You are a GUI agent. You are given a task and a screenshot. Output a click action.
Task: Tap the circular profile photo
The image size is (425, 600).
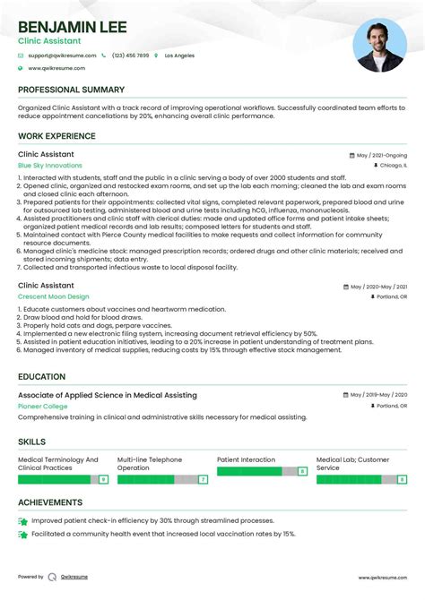tap(379, 47)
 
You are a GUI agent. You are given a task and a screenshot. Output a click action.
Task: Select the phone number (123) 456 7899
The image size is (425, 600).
tap(130, 56)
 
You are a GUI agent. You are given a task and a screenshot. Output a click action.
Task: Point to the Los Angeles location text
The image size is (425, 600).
tap(179, 56)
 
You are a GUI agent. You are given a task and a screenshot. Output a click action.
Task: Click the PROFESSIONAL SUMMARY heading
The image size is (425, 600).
tap(71, 90)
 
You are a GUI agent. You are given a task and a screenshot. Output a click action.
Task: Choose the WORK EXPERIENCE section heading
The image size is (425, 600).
tap(56, 136)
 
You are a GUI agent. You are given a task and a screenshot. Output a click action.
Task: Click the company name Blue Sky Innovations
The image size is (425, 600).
tap(49, 166)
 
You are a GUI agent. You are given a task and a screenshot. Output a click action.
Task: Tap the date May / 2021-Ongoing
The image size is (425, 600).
tap(381, 155)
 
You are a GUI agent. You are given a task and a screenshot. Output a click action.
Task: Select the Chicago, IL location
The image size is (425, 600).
tap(393, 166)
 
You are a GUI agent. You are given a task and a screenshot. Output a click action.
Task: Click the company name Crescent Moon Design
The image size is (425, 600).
tap(54, 296)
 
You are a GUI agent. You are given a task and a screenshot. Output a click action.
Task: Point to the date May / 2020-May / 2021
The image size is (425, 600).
tap(377, 287)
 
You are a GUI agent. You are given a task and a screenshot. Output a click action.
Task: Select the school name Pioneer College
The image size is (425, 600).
tap(43, 406)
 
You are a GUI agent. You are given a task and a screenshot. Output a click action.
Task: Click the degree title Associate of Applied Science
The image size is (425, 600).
tap(108, 395)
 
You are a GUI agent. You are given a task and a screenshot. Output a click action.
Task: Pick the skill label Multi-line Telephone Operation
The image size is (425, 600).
tap(150, 464)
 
